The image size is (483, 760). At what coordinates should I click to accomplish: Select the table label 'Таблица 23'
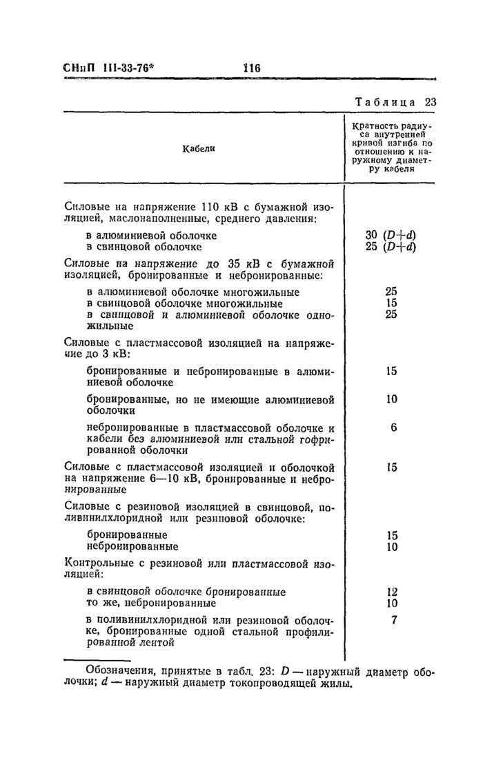[x=396, y=101]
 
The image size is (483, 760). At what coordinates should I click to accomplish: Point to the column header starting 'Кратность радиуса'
[x=391, y=148]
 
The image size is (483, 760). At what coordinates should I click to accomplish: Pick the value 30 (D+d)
[x=391, y=235]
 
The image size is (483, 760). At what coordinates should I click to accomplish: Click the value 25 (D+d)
[x=391, y=246]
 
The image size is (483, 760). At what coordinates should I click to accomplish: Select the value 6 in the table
[x=393, y=427]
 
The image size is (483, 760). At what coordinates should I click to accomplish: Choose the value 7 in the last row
[x=394, y=619]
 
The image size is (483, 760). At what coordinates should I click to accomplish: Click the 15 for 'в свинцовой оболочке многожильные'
[x=391, y=303]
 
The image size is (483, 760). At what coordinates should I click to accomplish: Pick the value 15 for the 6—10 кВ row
[x=391, y=467]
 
